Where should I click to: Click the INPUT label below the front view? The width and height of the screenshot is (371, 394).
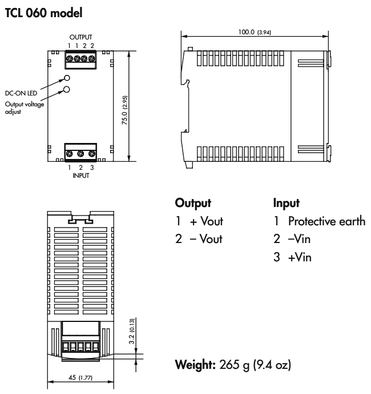click(x=80, y=176)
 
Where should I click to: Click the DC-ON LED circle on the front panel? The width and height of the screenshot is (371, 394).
click(x=67, y=78)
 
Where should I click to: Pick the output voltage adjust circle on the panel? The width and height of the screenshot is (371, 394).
click(x=67, y=89)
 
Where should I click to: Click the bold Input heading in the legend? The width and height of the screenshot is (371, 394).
click(x=286, y=203)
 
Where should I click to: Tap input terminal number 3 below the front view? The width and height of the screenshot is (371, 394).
click(x=91, y=169)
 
